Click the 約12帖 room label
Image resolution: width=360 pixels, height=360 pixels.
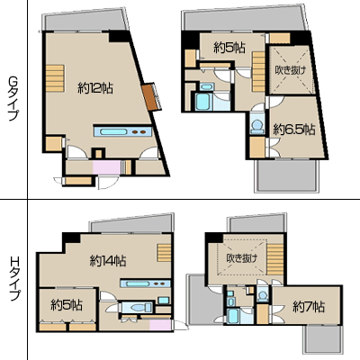(x=95, y=88)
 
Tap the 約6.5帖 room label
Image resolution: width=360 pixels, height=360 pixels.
(x=294, y=130)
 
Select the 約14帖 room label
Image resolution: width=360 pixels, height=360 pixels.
(x=108, y=261)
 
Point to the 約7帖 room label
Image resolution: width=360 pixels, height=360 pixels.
(x=309, y=307)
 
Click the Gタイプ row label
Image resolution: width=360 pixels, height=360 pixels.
(x=13, y=97)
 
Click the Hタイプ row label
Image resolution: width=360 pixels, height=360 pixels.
(x=13, y=279)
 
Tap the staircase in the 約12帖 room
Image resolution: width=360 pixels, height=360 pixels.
(x=55, y=78)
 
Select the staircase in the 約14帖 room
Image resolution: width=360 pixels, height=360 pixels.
(x=164, y=253)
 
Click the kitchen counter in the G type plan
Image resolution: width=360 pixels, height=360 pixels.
(x=122, y=131)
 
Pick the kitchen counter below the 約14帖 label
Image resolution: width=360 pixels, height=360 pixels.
(x=146, y=283)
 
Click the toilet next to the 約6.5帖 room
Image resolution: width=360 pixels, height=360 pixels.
(x=257, y=125)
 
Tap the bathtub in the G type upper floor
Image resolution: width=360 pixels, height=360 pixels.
(x=202, y=102)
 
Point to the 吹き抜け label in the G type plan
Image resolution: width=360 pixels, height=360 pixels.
(x=291, y=70)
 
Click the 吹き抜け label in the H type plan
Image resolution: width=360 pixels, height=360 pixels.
(x=242, y=258)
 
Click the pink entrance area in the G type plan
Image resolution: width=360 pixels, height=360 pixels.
(x=106, y=167)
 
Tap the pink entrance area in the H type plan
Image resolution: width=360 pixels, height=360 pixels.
(x=160, y=325)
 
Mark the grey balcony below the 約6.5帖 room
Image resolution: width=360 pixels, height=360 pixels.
(x=286, y=175)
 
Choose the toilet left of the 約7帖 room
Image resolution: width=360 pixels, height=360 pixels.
(x=263, y=296)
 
